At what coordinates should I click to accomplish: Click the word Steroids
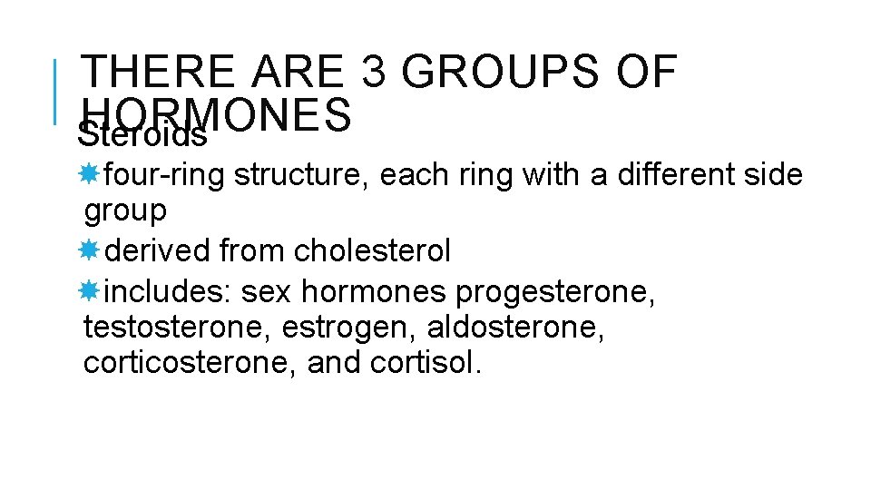click(x=142, y=136)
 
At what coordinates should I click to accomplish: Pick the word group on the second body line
click(x=125, y=211)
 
